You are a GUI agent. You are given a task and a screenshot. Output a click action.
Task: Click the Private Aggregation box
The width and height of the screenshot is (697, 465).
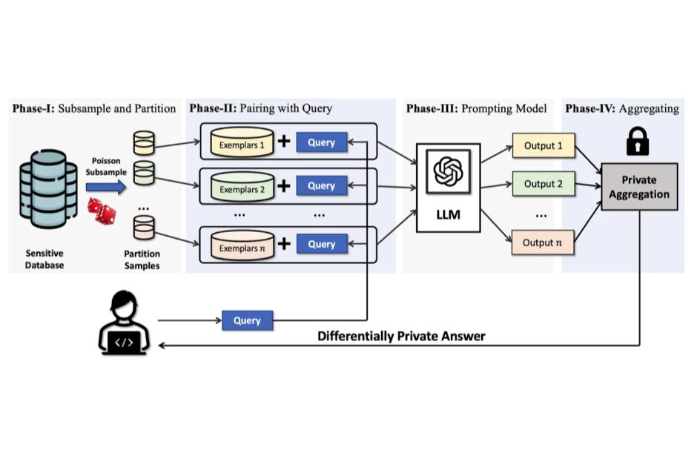pyautogui.click(x=638, y=186)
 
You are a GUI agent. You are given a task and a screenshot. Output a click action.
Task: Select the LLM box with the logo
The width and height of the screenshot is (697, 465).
pyautogui.click(x=448, y=187)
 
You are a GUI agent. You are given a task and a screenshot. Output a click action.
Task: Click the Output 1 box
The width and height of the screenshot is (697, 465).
pyautogui.click(x=544, y=146)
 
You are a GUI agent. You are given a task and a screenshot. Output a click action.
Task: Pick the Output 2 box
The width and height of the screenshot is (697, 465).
pyautogui.click(x=544, y=184)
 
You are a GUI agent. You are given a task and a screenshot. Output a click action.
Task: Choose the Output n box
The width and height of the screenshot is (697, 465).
pyautogui.click(x=544, y=243)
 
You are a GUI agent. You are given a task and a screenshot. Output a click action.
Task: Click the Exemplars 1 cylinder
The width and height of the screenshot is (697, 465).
pyautogui.click(x=242, y=143)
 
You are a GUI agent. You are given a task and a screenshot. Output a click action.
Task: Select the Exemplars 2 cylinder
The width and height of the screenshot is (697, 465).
pyautogui.click(x=242, y=186)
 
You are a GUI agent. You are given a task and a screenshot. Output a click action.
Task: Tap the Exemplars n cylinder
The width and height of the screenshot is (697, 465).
pyautogui.click(x=242, y=245)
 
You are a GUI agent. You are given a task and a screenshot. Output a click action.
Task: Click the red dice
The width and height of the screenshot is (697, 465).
pyautogui.click(x=102, y=211)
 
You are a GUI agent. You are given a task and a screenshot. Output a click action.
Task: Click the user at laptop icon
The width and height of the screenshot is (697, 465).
pyautogui.click(x=124, y=322)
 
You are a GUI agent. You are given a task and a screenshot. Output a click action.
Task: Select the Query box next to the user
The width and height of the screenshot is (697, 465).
pyautogui.click(x=247, y=321)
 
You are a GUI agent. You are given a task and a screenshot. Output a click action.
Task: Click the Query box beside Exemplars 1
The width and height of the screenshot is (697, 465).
pyautogui.click(x=321, y=142)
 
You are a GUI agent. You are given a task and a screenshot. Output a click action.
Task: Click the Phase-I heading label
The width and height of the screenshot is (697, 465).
pyautogui.click(x=94, y=109)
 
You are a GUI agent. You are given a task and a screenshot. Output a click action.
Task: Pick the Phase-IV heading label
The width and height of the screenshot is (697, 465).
pyautogui.click(x=621, y=109)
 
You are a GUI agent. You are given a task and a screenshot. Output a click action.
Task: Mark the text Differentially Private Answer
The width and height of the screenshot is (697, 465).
pyautogui.click(x=401, y=336)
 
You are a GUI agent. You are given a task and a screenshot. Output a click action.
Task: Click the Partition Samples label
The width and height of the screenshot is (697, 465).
pyautogui.click(x=142, y=260)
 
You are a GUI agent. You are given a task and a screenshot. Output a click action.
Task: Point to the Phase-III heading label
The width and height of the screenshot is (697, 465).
pyautogui.click(x=476, y=109)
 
